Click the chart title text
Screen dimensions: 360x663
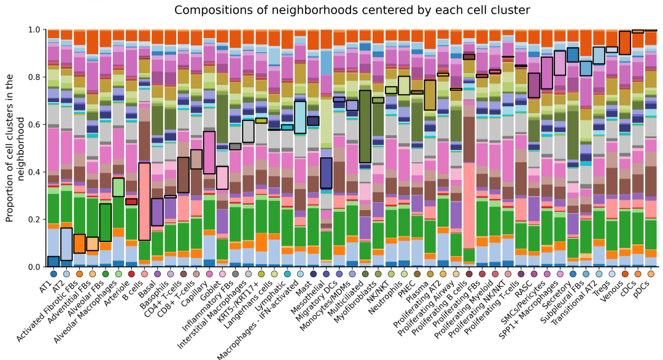pyautogui.click(x=352, y=10)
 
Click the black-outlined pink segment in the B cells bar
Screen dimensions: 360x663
pyautogui.click(x=145, y=202)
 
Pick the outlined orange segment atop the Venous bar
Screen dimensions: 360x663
pyautogui.click(x=625, y=43)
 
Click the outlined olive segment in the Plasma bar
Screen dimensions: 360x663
pyautogui.click(x=430, y=95)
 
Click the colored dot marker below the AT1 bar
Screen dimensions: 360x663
pyautogui.click(x=53, y=274)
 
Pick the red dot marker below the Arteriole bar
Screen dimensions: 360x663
pyautogui.click(x=131, y=274)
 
